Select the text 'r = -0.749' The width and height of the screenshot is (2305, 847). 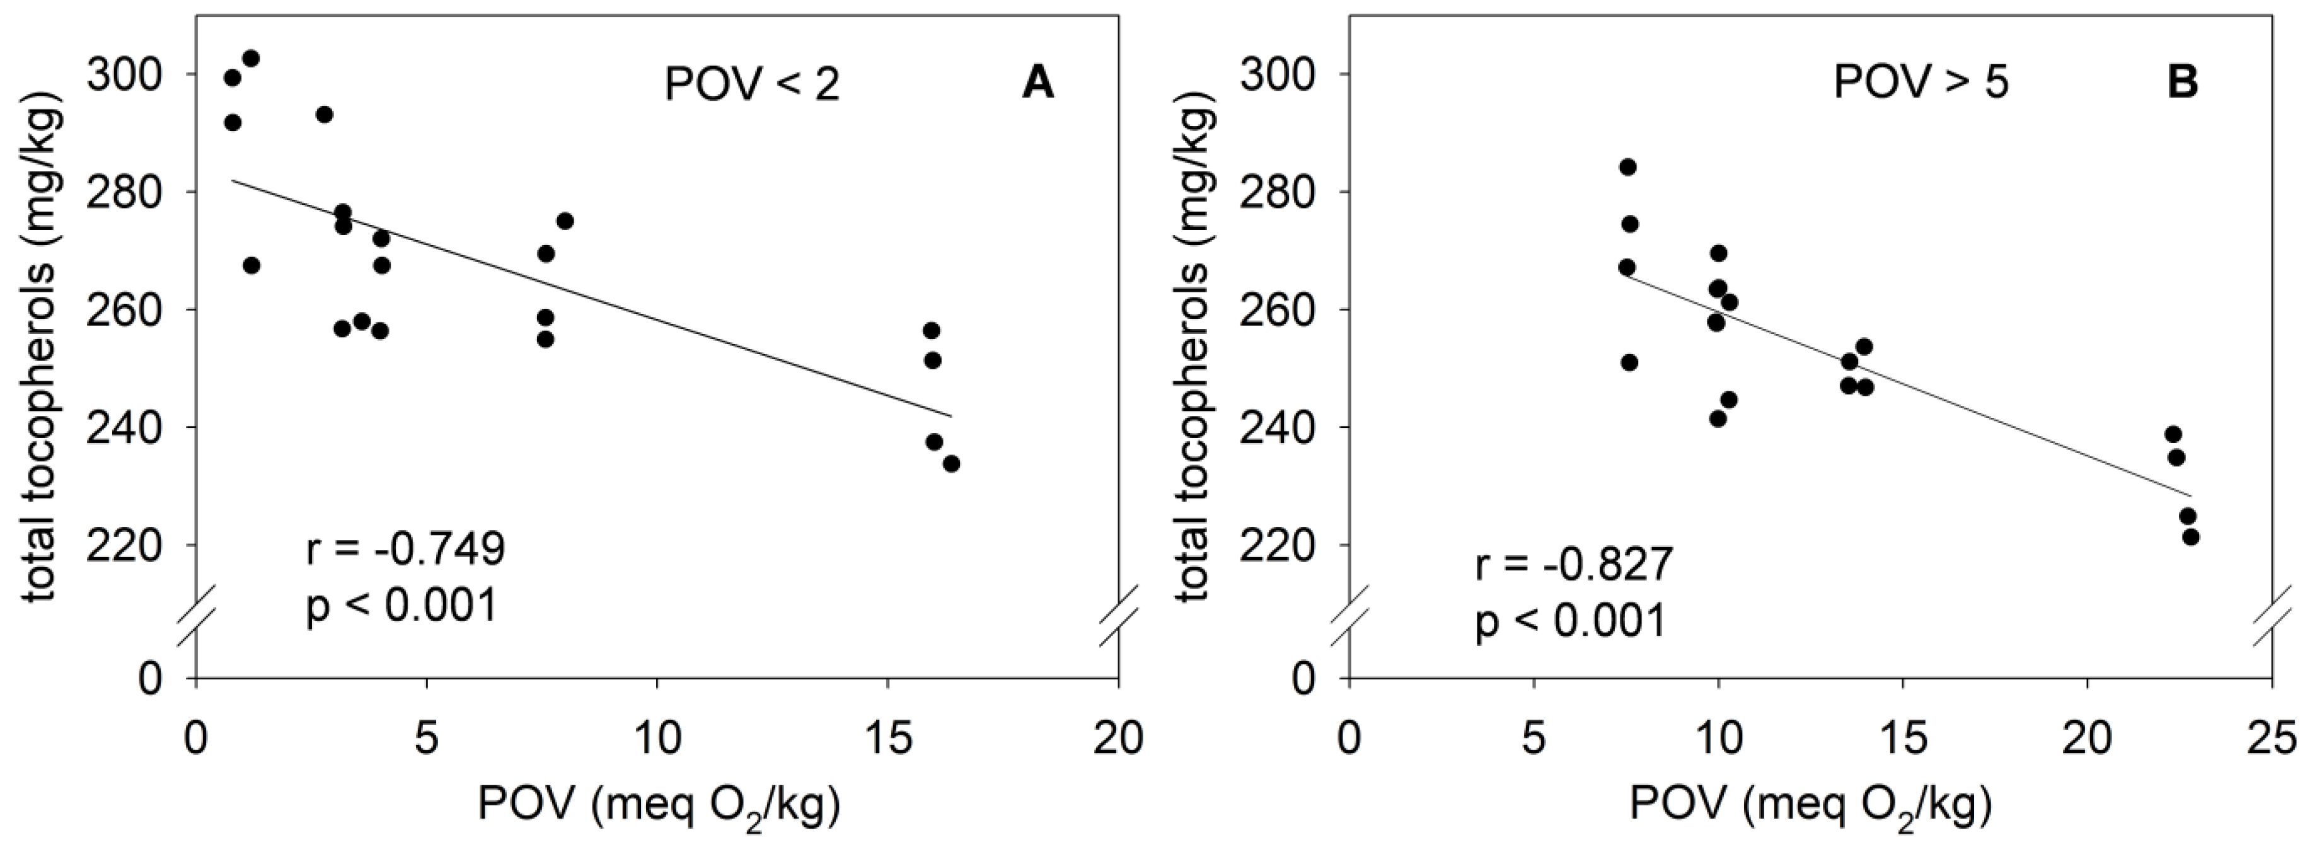tap(405, 549)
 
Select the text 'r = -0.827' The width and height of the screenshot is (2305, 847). tap(1574, 565)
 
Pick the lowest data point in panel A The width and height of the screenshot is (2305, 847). tap(951, 463)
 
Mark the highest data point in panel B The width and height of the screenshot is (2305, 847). tap(1627, 167)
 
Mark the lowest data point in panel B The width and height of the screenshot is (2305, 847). tap(2190, 537)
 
